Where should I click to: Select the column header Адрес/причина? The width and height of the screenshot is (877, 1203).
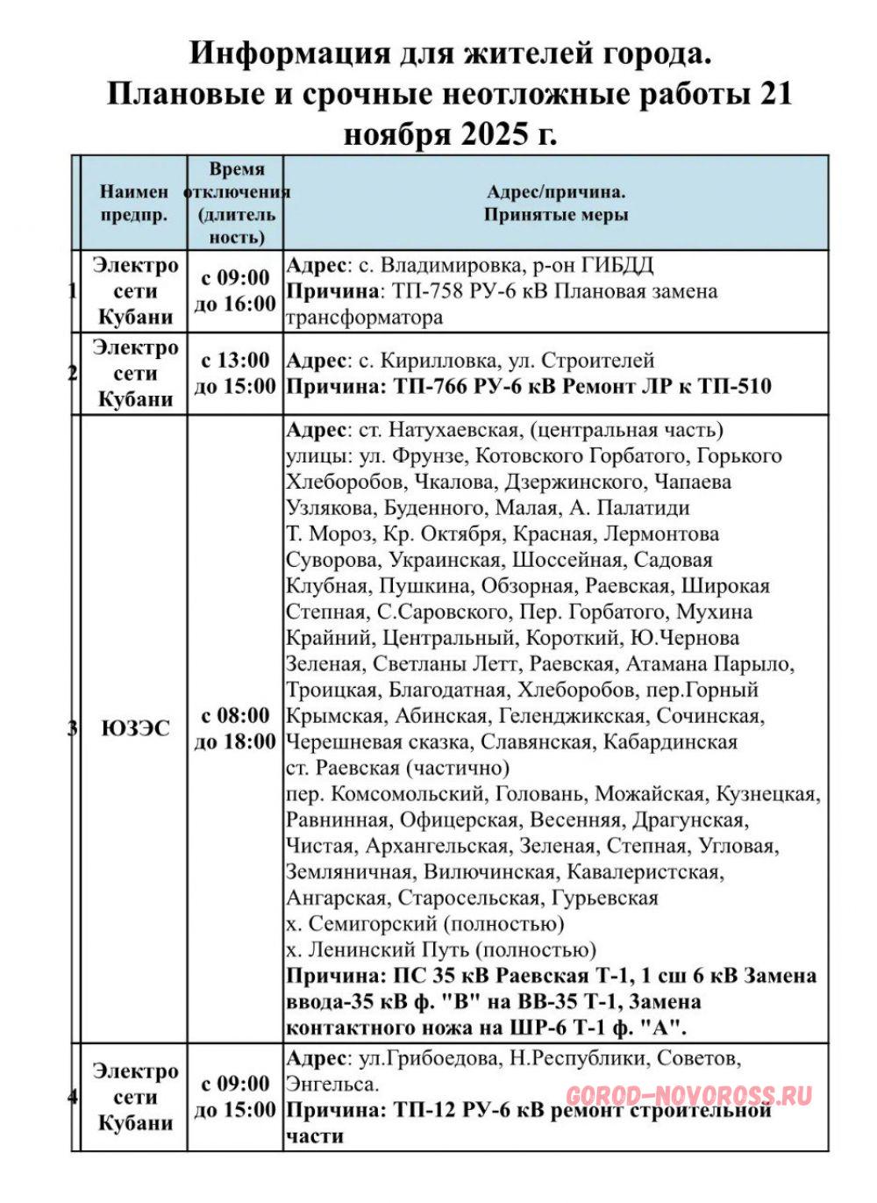[556, 191]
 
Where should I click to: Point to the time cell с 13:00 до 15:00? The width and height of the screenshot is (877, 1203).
[235, 373]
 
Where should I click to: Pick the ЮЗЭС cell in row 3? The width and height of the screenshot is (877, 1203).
[135, 728]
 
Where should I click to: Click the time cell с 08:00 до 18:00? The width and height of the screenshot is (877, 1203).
[235, 728]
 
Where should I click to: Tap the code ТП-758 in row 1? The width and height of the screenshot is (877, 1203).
[424, 291]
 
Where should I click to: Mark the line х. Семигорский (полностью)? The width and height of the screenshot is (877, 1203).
[425, 924]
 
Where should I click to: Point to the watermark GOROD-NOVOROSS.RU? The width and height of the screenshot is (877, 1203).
[689, 1095]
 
